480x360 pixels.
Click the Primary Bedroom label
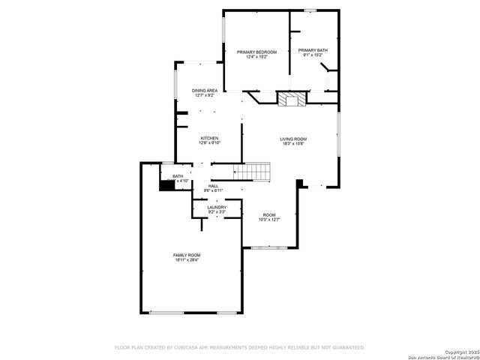[256, 51]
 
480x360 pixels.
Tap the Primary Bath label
[313, 50]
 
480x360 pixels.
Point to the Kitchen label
[209, 138]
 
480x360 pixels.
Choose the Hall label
[214, 186]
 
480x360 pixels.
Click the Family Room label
[187, 255]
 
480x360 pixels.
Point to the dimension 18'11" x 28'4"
[187, 260]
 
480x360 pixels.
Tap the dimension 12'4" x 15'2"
[256, 56]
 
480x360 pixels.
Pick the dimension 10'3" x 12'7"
[268, 220]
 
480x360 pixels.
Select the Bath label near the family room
[178, 176]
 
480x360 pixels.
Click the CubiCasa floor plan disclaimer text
[239, 347]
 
